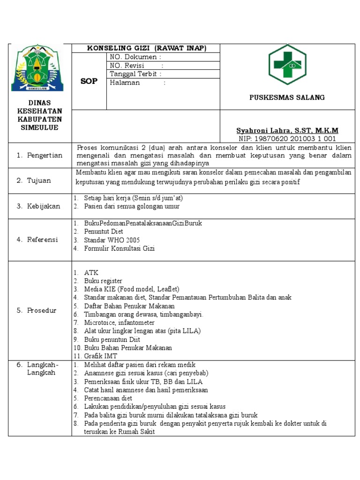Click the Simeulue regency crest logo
[x=37, y=68]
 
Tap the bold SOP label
[x=89, y=81]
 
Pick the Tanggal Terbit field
[x=135, y=74]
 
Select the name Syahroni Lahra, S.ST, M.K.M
[x=287, y=130]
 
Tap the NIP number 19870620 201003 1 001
[x=287, y=139]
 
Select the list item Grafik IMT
[x=101, y=356]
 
